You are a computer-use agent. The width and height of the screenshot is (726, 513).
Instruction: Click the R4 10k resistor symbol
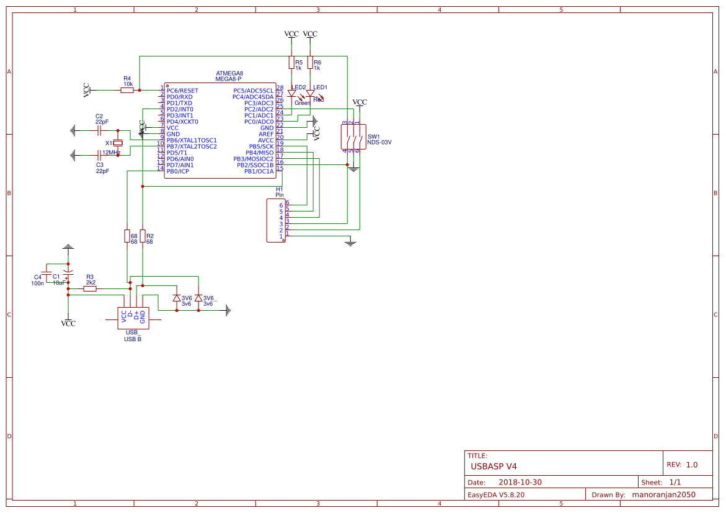pyautogui.click(x=127, y=91)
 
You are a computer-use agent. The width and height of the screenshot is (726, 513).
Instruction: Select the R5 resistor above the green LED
pyautogui.click(x=291, y=63)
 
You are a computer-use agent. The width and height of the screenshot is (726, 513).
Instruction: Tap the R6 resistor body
pyautogui.click(x=310, y=63)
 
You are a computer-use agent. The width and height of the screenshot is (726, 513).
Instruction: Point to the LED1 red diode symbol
pyautogui.click(x=310, y=94)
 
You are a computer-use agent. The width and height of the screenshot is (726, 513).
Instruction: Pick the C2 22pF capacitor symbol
pyautogui.click(x=99, y=131)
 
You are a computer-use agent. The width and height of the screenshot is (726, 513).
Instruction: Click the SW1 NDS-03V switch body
pyautogui.click(x=352, y=136)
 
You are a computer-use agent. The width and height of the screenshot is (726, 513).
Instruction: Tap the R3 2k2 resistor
pyautogui.click(x=90, y=288)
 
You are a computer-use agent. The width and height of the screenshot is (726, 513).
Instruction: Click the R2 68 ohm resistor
pyautogui.click(x=143, y=236)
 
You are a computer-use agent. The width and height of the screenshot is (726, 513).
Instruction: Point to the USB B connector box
pyautogui.click(x=133, y=318)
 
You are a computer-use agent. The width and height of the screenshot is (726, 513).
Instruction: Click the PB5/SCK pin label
pyautogui.click(x=261, y=146)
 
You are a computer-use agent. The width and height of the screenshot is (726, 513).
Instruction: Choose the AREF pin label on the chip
pyautogui.click(x=266, y=134)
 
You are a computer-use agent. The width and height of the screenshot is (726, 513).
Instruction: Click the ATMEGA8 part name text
pyautogui.click(x=229, y=73)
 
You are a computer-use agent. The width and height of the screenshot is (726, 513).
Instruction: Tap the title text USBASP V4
pyautogui.click(x=494, y=466)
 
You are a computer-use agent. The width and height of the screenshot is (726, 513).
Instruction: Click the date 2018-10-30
pyautogui.click(x=520, y=482)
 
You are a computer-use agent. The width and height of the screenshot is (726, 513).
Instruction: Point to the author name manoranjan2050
pyautogui.click(x=663, y=495)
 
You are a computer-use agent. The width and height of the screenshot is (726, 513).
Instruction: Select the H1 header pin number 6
pyautogui.click(x=281, y=205)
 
